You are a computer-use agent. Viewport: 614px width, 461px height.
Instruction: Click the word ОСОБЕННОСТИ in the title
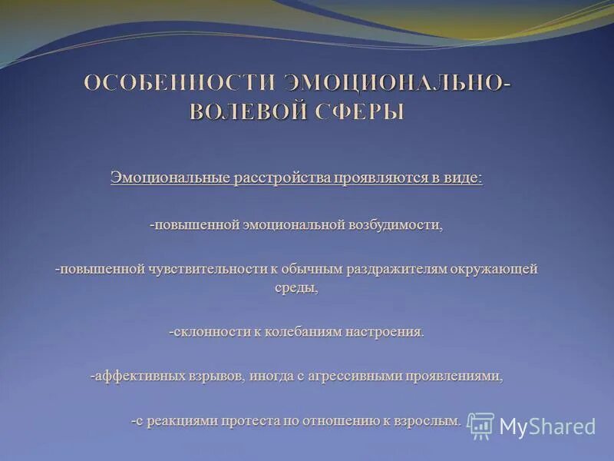click(x=179, y=84)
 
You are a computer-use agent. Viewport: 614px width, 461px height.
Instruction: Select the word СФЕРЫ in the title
click(x=359, y=111)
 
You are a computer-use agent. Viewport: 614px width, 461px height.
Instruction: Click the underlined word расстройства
click(x=280, y=177)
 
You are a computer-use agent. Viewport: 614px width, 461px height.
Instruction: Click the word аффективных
click(x=138, y=376)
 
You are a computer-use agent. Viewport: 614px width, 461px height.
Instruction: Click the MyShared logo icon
click(x=481, y=426)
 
